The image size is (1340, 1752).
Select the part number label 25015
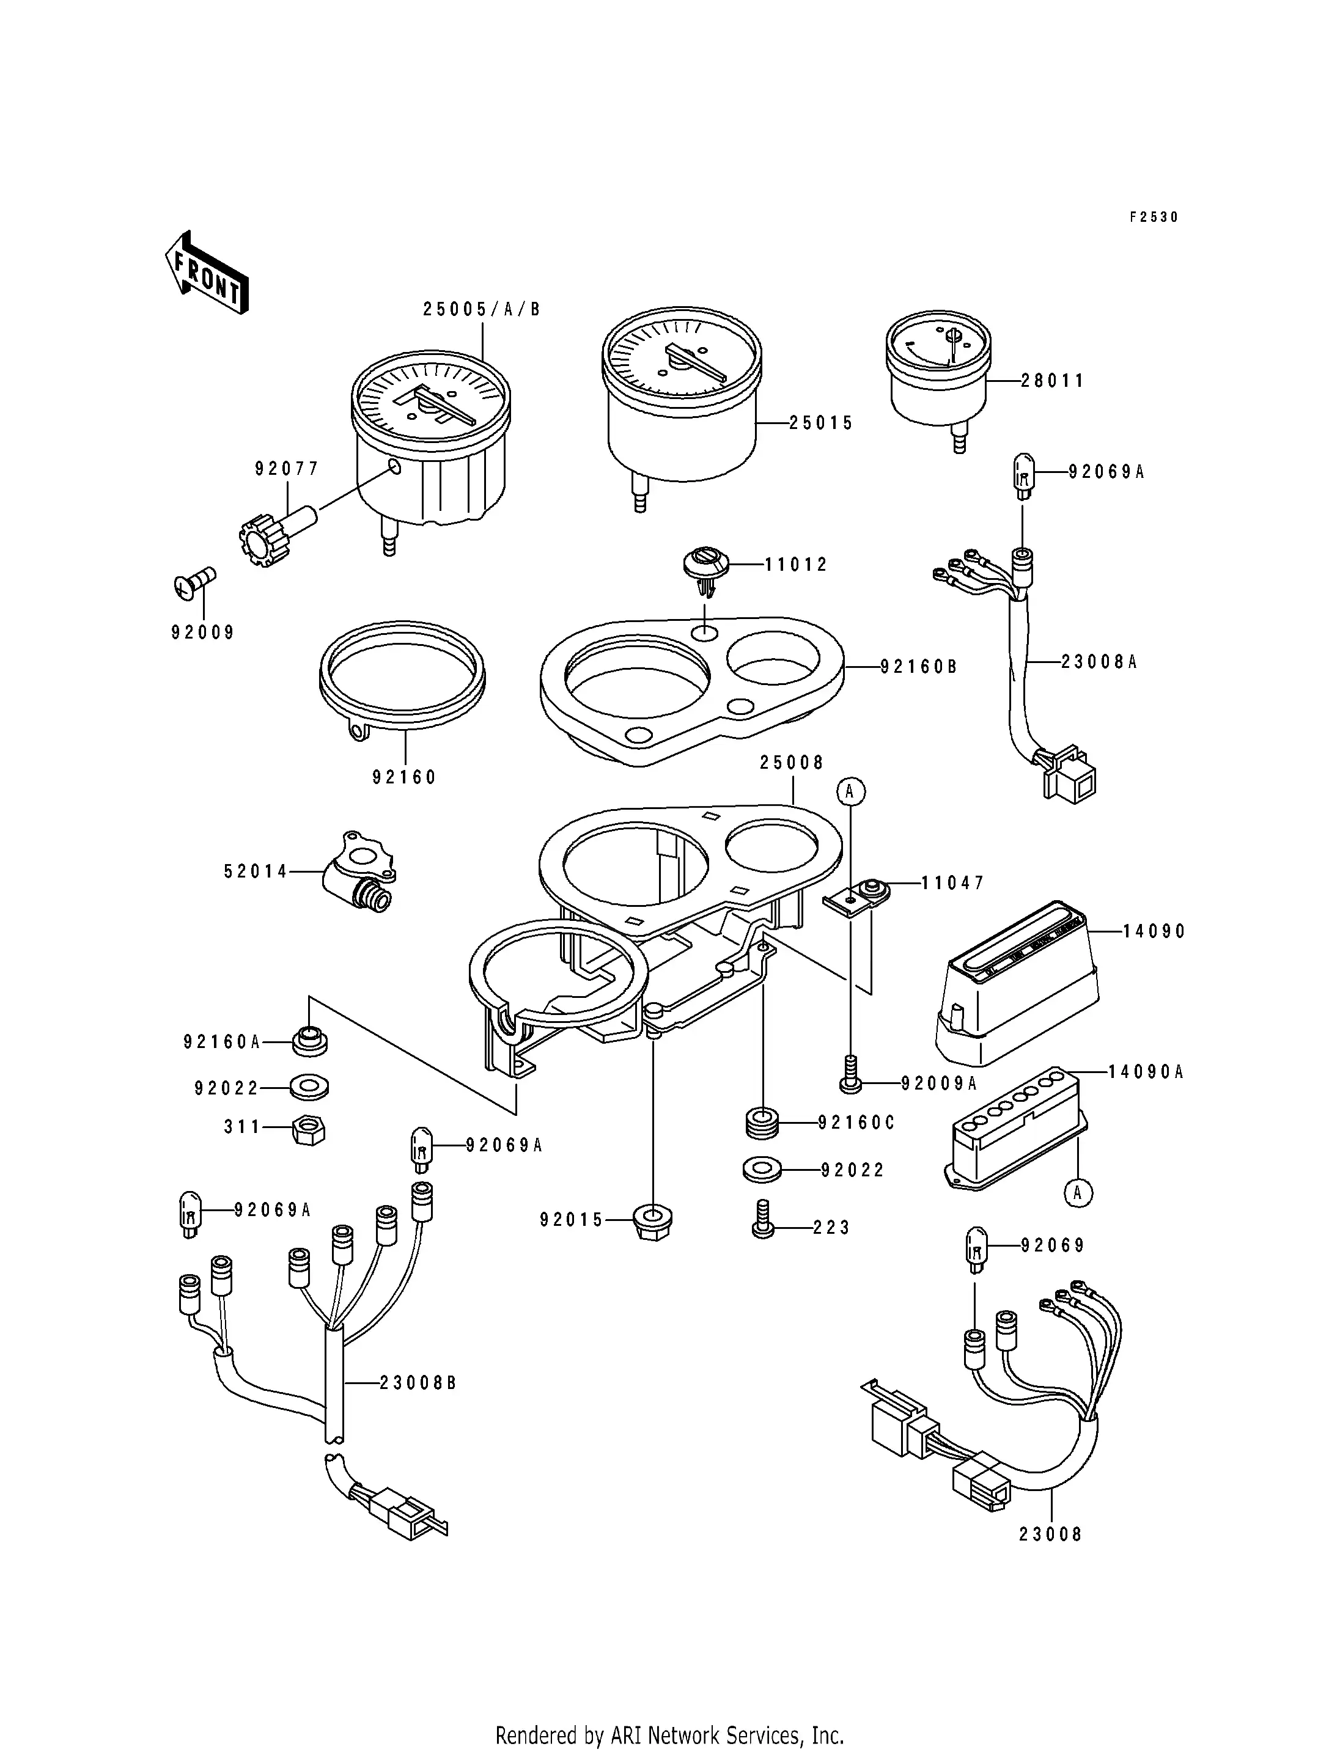[821, 423]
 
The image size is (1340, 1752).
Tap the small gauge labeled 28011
[938, 368]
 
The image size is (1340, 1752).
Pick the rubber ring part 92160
[402, 677]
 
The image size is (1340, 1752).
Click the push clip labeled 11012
[706, 567]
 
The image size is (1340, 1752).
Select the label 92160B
[918, 667]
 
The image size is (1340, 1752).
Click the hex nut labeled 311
[309, 1130]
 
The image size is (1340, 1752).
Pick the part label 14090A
[1146, 1072]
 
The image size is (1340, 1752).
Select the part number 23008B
[417, 1384]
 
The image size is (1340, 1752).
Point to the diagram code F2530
[1154, 217]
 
